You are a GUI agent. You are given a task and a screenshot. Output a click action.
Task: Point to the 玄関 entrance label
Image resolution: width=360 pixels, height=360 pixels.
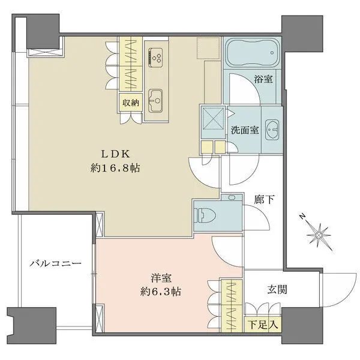pos(277,289)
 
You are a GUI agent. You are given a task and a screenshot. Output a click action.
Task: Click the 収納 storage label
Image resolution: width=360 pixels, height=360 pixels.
pos(131,103)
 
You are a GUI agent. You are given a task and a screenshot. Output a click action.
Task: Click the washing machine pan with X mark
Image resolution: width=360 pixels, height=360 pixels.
pos(212,117)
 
